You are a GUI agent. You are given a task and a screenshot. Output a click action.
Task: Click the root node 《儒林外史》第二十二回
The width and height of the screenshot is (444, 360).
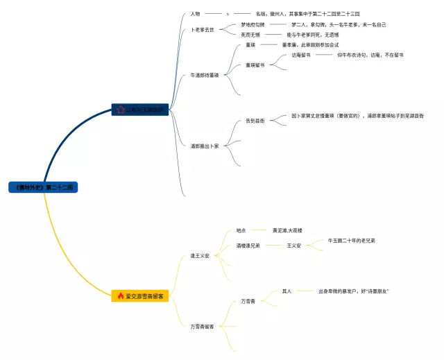point(43,187)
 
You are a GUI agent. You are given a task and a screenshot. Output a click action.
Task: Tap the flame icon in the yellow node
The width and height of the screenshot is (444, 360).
point(121,296)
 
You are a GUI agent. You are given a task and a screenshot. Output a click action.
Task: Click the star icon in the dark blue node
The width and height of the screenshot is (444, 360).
point(121,109)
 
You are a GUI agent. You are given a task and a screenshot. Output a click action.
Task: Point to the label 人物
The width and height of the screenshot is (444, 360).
point(195,13)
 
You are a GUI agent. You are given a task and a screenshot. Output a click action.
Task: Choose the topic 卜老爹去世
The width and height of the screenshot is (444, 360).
point(203,30)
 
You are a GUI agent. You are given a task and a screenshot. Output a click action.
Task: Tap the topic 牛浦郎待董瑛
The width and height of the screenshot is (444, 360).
point(205,74)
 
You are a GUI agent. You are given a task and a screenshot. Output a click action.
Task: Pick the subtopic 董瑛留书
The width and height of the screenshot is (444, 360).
point(255,65)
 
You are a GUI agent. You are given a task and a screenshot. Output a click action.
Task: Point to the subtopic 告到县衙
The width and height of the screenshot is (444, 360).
point(255,121)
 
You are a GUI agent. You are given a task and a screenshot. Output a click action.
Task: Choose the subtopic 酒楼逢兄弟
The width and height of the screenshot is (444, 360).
point(248,246)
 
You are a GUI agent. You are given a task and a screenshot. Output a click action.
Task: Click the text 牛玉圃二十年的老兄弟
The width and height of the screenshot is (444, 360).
point(352,241)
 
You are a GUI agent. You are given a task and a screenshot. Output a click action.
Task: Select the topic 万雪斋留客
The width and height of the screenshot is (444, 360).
point(202,325)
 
